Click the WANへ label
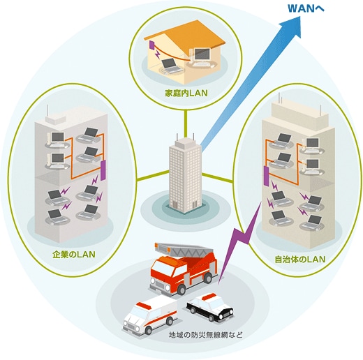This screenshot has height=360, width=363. (x=306, y=8)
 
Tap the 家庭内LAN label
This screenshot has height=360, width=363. (x=186, y=93)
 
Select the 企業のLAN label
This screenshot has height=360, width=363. (x=74, y=254)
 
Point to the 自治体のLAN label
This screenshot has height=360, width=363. (x=299, y=259)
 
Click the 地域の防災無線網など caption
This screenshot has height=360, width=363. (x=206, y=336)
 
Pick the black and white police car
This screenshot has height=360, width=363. (x=209, y=308)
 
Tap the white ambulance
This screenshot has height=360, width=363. (x=150, y=315)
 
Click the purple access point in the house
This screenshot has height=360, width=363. (x=152, y=45)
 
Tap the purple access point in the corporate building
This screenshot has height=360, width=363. (x=103, y=170)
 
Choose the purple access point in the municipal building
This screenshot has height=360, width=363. (x=266, y=176)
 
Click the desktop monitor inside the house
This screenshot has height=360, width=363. (x=202, y=54)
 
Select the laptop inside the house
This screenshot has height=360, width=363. (x=171, y=65)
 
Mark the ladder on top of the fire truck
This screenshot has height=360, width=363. (x=184, y=250)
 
